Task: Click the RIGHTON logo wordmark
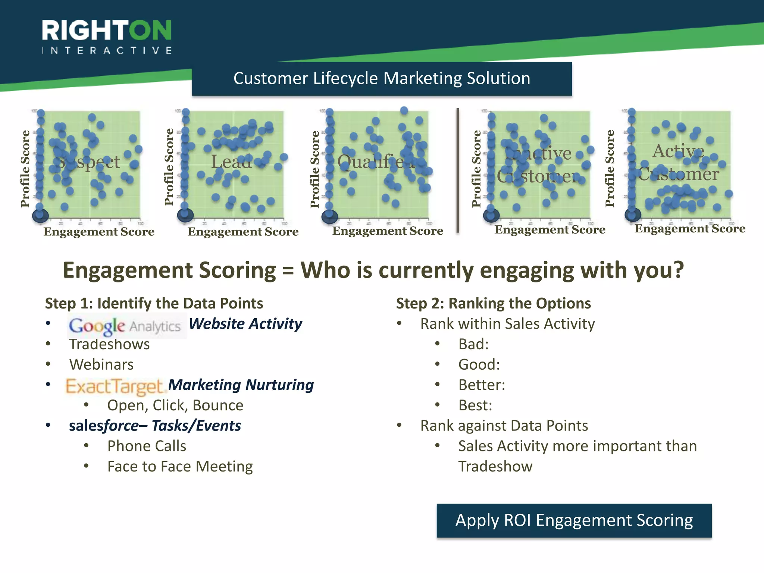(107, 31)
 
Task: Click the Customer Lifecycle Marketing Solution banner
(382, 79)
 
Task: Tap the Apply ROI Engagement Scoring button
(574, 520)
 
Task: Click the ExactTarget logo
(115, 386)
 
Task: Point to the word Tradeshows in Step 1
(109, 344)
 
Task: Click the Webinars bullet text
(101, 364)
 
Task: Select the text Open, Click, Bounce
(175, 405)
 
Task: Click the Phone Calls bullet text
(147, 446)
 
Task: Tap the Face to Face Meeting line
(180, 466)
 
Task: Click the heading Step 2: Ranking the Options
(493, 303)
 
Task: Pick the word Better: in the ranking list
(482, 385)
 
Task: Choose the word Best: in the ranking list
(475, 405)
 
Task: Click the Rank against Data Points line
(504, 426)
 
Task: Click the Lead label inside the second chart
(231, 162)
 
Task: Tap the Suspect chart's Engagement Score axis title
(99, 232)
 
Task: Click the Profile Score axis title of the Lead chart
(169, 167)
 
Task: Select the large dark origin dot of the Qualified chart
(330, 216)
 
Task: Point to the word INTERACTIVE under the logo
(107, 50)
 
